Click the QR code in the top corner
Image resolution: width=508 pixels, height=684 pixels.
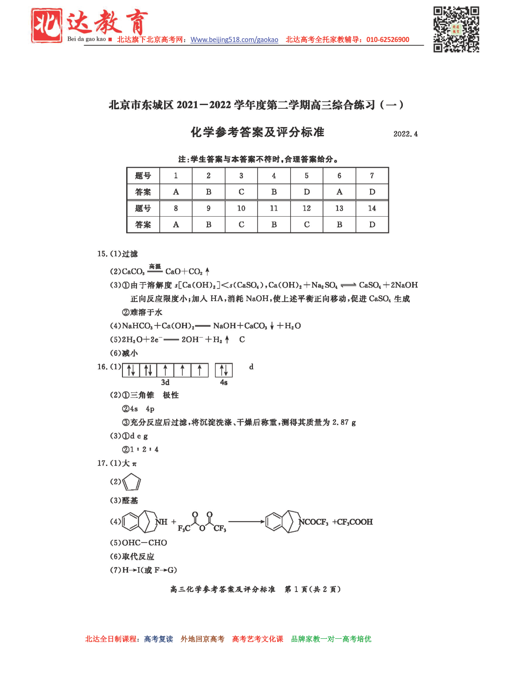click(x=456, y=29)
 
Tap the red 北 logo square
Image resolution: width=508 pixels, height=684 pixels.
click(x=47, y=25)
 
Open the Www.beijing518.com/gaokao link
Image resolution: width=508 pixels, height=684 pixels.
click(x=234, y=40)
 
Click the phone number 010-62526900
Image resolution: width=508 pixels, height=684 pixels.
click(x=387, y=40)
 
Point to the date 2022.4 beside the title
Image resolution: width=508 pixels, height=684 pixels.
click(x=405, y=134)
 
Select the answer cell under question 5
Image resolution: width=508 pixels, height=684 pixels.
click(x=307, y=192)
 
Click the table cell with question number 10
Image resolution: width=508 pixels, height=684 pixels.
click(x=241, y=208)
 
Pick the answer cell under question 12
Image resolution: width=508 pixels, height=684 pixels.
click(x=307, y=225)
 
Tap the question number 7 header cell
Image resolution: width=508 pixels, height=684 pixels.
click(x=372, y=176)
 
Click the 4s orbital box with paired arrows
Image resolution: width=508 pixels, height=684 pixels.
click(x=224, y=370)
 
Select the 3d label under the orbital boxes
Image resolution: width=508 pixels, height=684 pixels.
click(x=165, y=382)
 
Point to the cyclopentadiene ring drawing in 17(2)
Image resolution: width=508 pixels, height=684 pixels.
click(x=132, y=482)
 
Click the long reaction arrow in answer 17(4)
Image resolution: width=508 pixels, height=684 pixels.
click(x=246, y=522)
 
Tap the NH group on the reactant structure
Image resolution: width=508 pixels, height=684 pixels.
click(x=162, y=522)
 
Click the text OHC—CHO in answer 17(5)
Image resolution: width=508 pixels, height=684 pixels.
click(x=144, y=543)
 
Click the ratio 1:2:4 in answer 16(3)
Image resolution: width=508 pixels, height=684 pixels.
click(x=144, y=450)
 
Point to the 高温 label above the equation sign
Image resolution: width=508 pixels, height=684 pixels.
click(x=155, y=266)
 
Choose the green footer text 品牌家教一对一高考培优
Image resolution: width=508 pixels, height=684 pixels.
click(x=331, y=639)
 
